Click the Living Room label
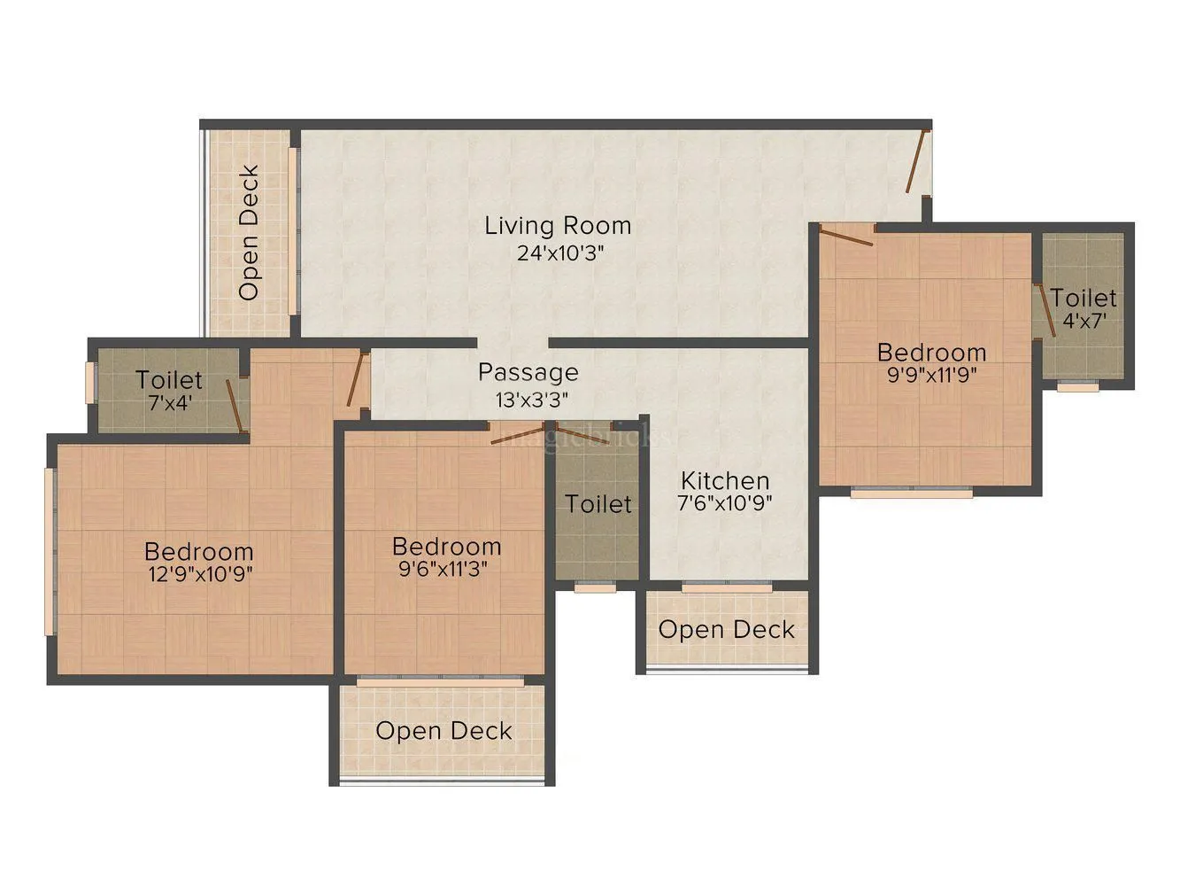click(558, 226)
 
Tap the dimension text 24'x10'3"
click(559, 253)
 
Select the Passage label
click(528, 372)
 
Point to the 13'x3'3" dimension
click(531, 400)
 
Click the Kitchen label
click(725, 481)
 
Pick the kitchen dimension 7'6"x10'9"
click(725, 504)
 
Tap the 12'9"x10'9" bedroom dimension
click(199, 574)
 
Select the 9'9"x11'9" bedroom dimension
click(931, 375)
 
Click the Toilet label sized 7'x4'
click(168, 380)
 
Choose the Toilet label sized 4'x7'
click(1084, 298)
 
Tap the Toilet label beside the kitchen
click(598, 504)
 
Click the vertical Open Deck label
click(250, 232)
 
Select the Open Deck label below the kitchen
click(726, 630)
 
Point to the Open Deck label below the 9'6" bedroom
click(443, 731)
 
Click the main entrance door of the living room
click(917, 161)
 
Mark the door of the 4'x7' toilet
click(1045, 310)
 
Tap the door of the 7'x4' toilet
click(235, 407)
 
